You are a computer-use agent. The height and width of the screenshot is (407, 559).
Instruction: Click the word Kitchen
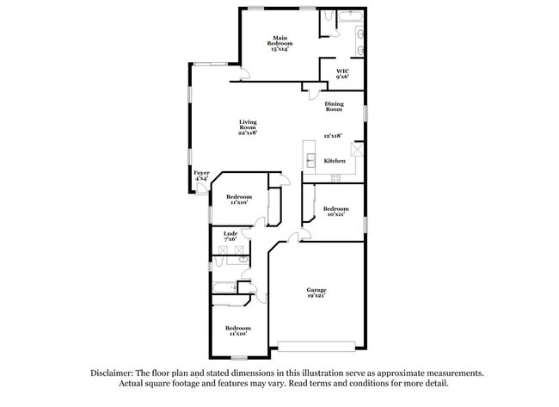[335, 161]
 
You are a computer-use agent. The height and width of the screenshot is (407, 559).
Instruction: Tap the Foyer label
[201, 175]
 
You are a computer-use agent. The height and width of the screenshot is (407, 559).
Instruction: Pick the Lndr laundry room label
[230, 234]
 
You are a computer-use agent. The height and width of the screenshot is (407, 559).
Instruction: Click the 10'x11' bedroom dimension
[335, 213]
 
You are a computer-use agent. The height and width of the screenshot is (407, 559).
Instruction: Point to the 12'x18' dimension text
[333, 136]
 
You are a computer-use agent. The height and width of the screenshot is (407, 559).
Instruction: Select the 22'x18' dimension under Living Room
[248, 133]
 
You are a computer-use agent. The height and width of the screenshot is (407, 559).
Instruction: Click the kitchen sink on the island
[310, 160]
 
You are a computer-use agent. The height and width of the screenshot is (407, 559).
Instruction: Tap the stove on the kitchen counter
[336, 178]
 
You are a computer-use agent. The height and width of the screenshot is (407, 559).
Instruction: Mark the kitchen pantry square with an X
[357, 148]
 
